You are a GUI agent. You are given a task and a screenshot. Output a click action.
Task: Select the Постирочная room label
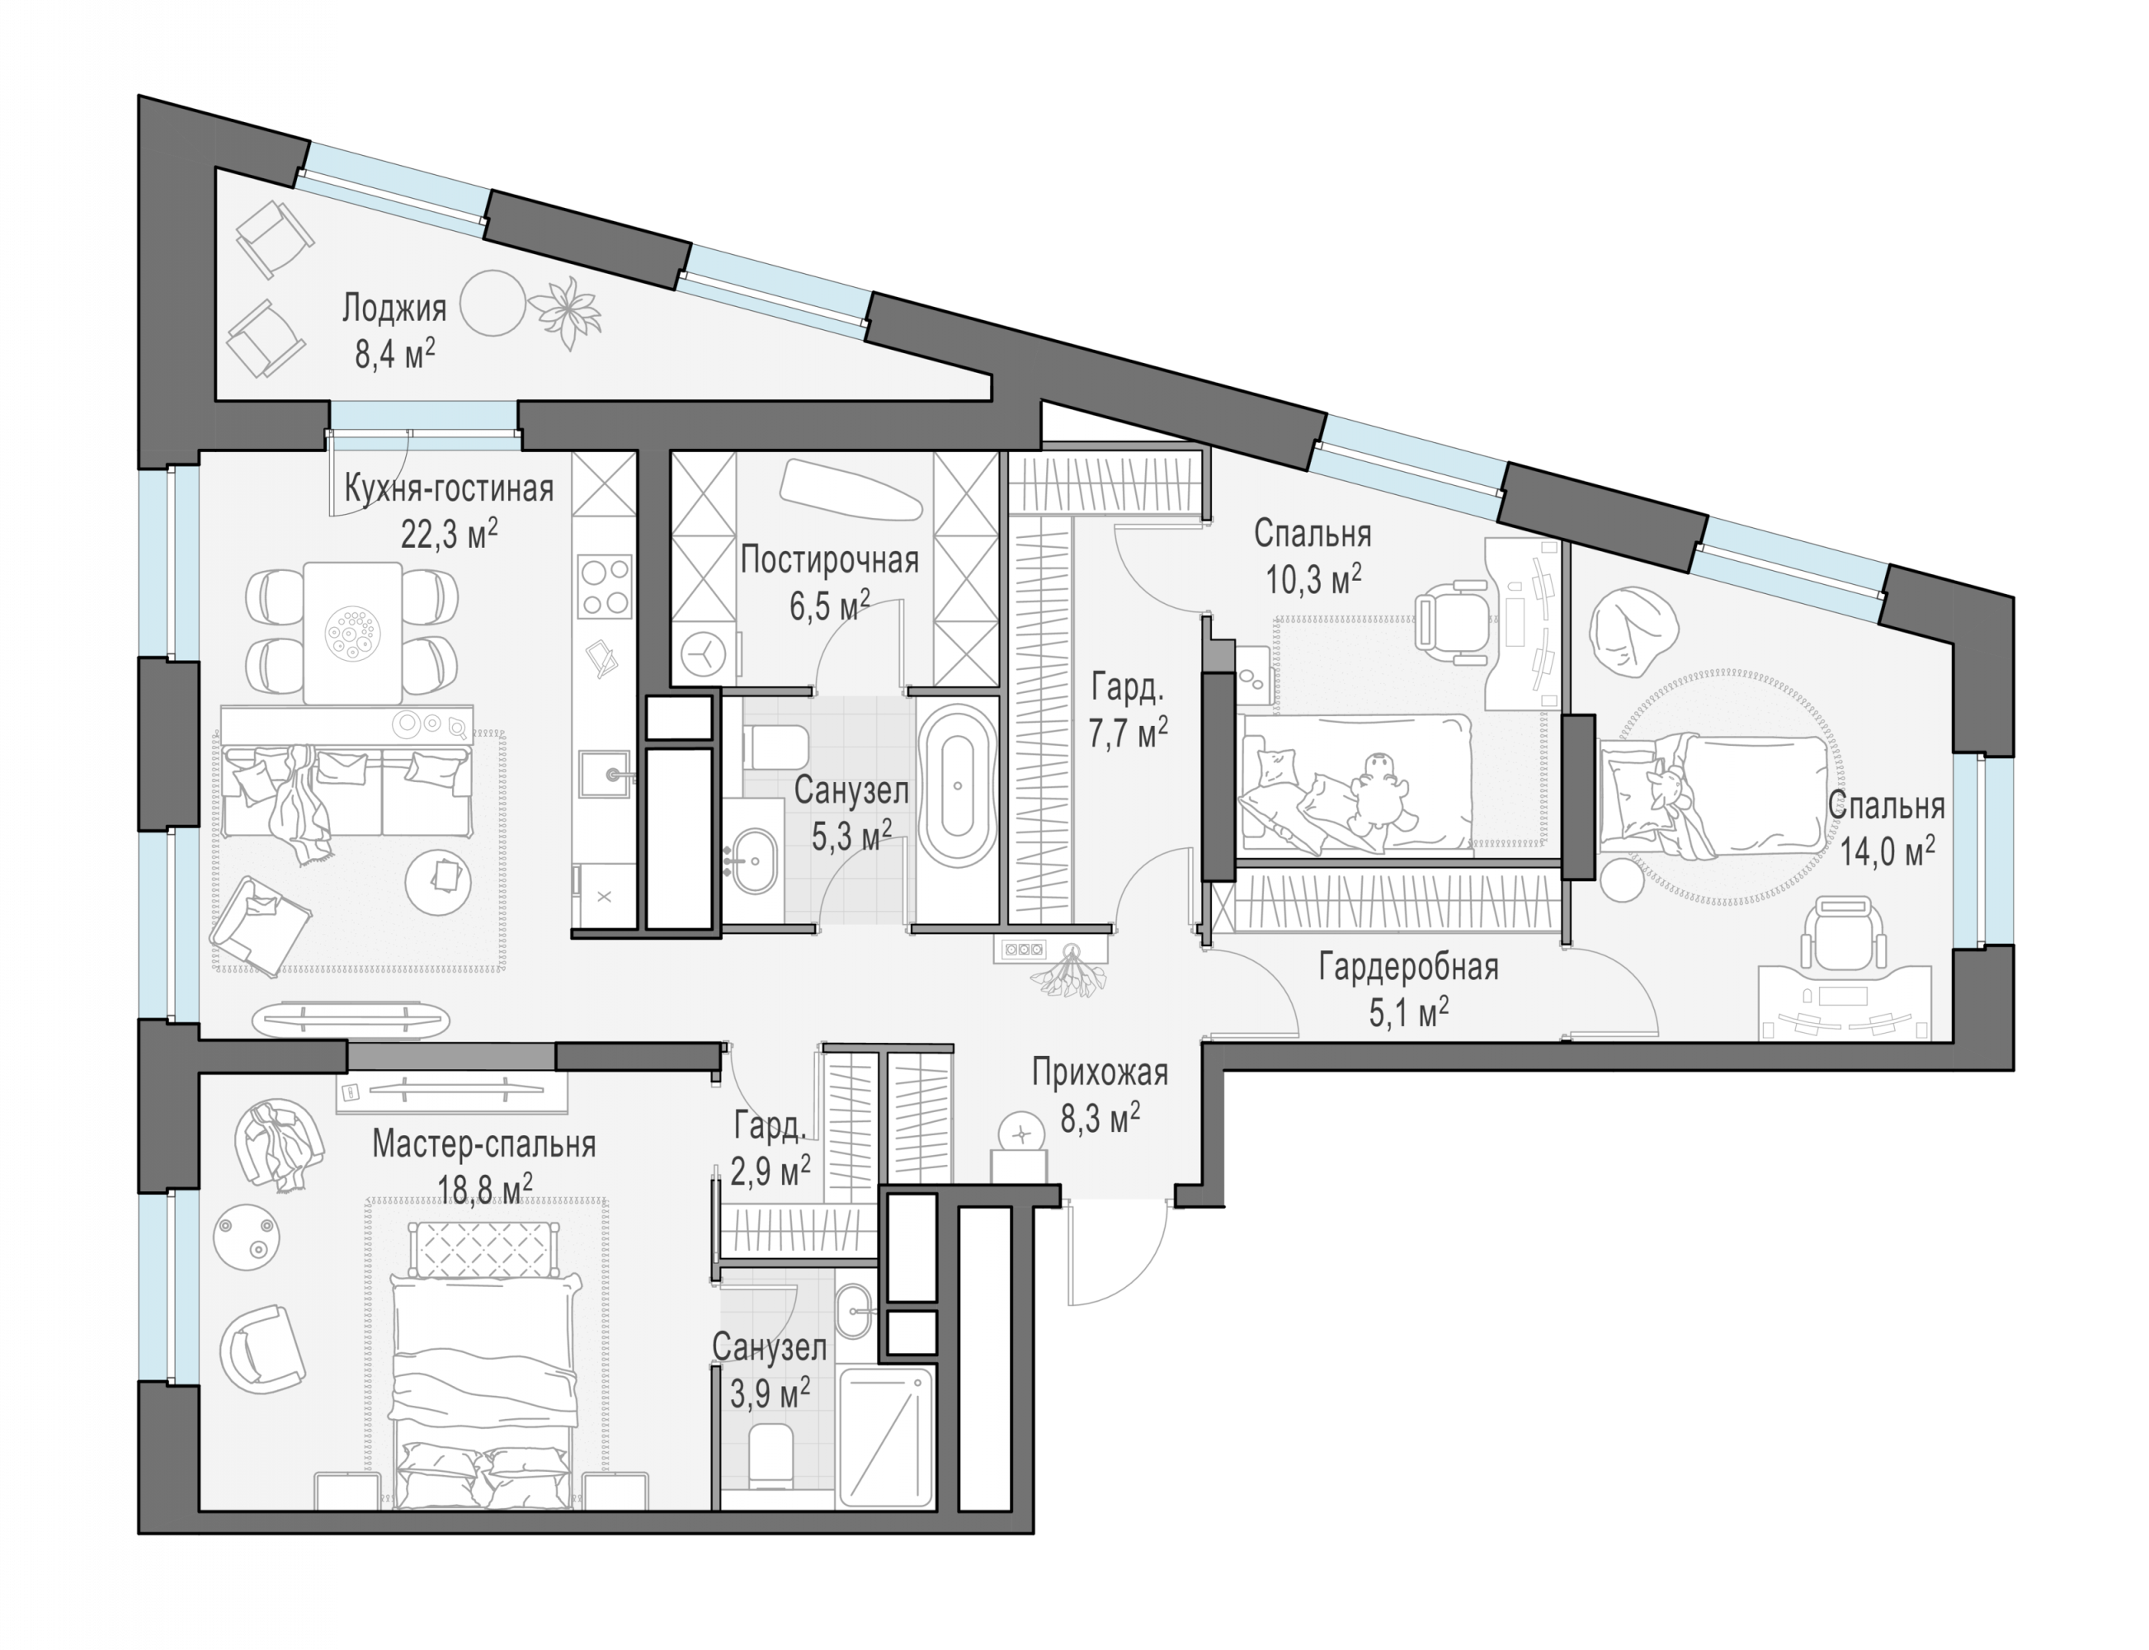click(x=829, y=560)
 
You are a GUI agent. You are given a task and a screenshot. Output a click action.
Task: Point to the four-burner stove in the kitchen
click(x=604, y=587)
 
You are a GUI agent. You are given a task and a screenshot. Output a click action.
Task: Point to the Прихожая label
click(x=1099, y=1072)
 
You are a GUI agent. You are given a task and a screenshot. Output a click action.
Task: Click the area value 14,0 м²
click(x=1887, y=850)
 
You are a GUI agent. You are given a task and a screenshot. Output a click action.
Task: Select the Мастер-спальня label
click(x=483, y=1144)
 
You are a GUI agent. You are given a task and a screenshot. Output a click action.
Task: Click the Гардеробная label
click(x=1408, y=968)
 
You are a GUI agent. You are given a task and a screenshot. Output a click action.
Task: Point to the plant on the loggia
click(x=565, y=311)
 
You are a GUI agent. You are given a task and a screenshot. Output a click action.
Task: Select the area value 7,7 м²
click(x=1128, y=732)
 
